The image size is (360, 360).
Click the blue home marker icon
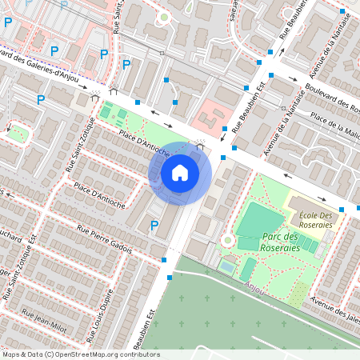click(x=180, y=172)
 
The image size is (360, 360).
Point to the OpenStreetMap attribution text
click(x=80, y=354)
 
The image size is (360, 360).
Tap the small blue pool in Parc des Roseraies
click(x=228, y=265)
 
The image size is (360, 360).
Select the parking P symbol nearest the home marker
click(x=154, y=226)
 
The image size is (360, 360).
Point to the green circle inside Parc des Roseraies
click(x=227, y=239)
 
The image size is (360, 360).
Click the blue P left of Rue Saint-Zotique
click(x=40, y=99)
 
